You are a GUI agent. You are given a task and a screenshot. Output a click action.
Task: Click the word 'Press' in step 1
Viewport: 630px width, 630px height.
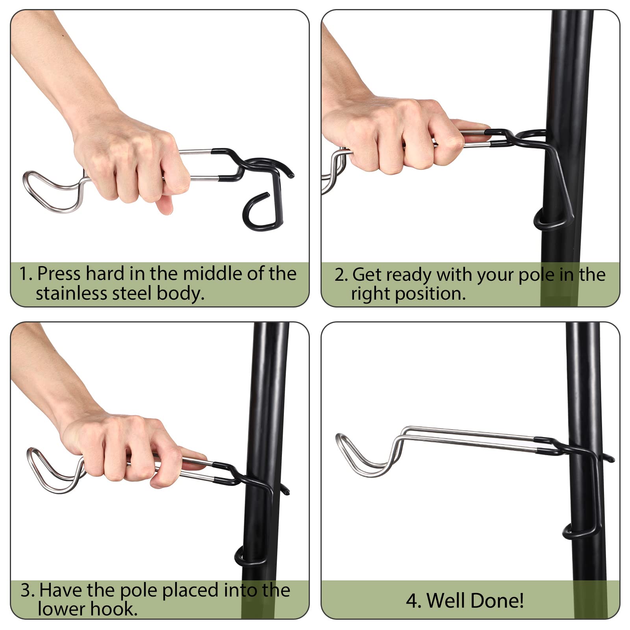point(59,274)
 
